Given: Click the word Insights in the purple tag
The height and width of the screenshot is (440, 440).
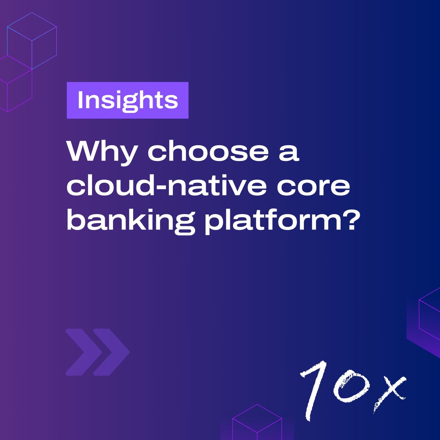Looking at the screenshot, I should coord(128,100).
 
